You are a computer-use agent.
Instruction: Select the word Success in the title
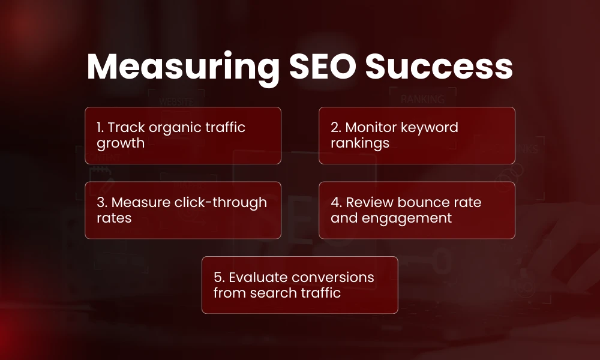click(439, 67)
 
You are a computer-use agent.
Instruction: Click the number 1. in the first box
click(100, 127)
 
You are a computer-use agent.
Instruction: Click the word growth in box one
click(121, 143)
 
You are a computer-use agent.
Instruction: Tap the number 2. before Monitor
click(336, 127)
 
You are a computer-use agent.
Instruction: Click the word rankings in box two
click(360, 143)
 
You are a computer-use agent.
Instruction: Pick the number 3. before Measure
click(102, 202)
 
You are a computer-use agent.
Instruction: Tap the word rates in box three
click(114, 218)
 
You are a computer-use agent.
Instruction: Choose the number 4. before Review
click(336, 202)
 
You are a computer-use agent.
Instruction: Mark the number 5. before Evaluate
click(219, 277)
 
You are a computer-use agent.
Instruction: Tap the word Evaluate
click(259, 277)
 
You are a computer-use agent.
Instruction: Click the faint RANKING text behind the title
click(422, 99)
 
